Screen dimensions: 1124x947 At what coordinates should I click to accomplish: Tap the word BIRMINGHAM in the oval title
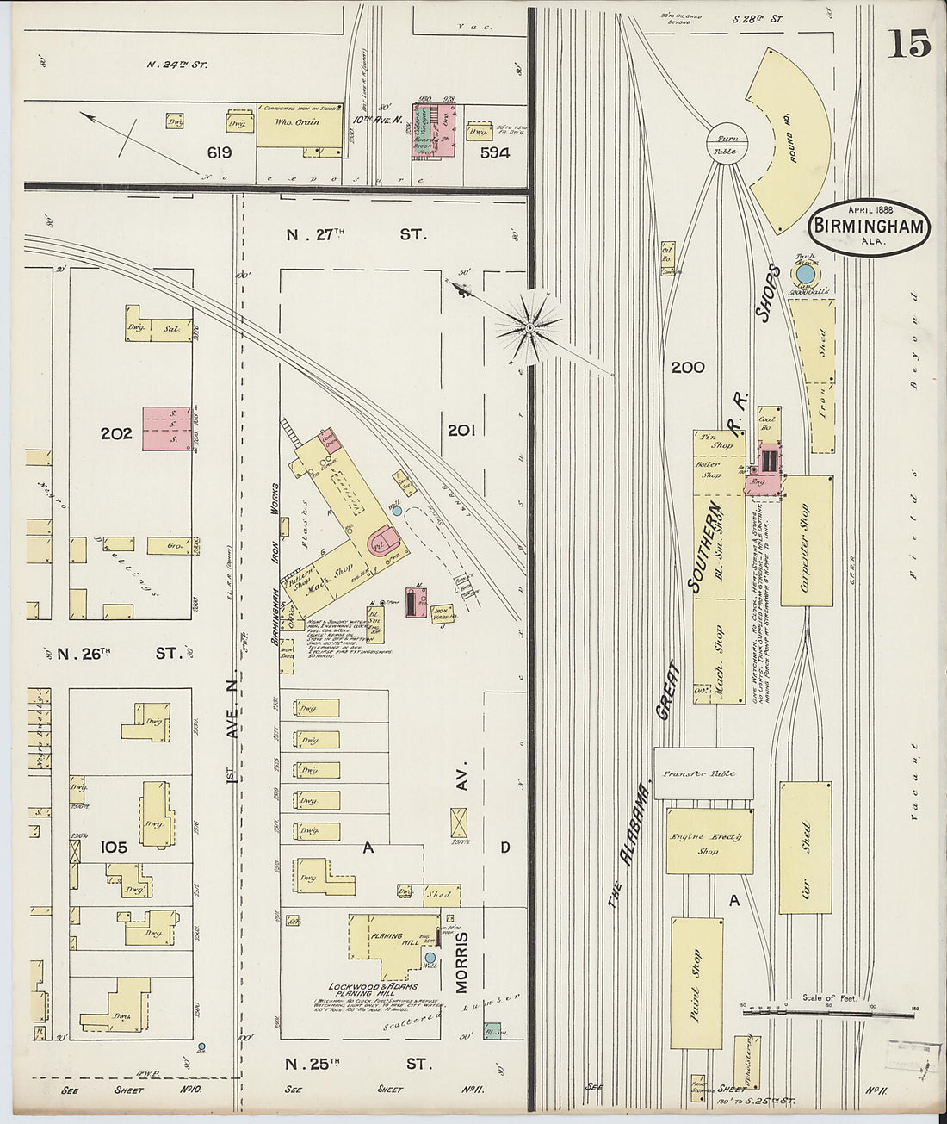click(870, 227)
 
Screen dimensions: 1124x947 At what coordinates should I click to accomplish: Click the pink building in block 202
click(167, 427)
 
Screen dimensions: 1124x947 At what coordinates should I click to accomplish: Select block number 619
click(219, 153)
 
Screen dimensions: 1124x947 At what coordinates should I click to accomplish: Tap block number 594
click(494, 153)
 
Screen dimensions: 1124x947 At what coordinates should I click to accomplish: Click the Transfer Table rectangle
click(703, 773)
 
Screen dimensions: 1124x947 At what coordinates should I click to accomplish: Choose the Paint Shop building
click(696, 982)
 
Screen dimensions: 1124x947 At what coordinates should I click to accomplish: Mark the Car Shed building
click(805, 848)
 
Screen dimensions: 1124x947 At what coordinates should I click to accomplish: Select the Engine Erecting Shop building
click(709, 841)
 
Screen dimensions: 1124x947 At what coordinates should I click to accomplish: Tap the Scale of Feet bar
click(827, 1013)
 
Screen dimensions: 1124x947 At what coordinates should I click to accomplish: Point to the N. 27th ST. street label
click(356, 233)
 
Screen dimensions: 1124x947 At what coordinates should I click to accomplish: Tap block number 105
click(114, 847)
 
